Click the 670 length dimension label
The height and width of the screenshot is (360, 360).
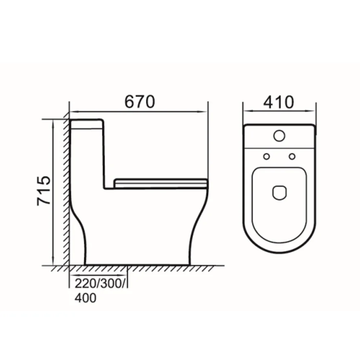click(140, 102)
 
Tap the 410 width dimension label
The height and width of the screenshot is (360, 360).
click(279, 102)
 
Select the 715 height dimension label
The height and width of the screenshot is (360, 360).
click(44, 190)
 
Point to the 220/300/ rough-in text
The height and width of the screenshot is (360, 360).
click(100, 284)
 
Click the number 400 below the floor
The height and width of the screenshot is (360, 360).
click(85, 298)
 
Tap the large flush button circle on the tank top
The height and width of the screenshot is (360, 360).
click(279, 136)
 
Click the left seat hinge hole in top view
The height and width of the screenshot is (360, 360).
click(266, 157)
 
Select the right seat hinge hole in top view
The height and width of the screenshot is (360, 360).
click(292, 157)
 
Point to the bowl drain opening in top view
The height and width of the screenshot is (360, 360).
click(279, 192)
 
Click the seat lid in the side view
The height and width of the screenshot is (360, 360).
click(161, 183)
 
